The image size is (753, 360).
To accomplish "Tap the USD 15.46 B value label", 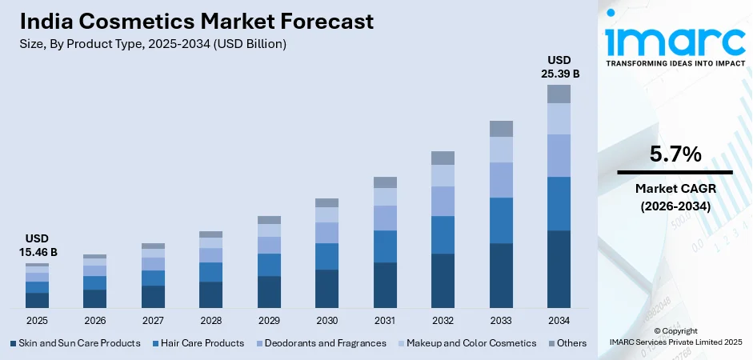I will (37, 246).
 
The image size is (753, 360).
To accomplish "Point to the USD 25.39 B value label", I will (559, 66).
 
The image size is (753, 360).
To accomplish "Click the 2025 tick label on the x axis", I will (37, 320).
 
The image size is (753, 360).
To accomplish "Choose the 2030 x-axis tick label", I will (326, 320).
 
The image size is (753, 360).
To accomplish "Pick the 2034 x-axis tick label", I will (559, 320).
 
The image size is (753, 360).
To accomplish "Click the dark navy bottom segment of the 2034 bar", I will (559, 269).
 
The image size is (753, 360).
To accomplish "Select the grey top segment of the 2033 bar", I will (501, 129).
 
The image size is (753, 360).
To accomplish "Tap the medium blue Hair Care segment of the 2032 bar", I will (443, 234).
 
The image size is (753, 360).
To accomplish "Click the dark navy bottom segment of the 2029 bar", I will (269, 292).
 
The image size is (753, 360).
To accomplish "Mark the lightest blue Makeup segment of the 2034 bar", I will (559, 118).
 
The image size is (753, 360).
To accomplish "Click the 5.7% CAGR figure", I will (675, 154).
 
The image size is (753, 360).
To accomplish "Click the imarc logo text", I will (674, 38).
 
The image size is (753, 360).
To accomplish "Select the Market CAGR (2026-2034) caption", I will (674, 197).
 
